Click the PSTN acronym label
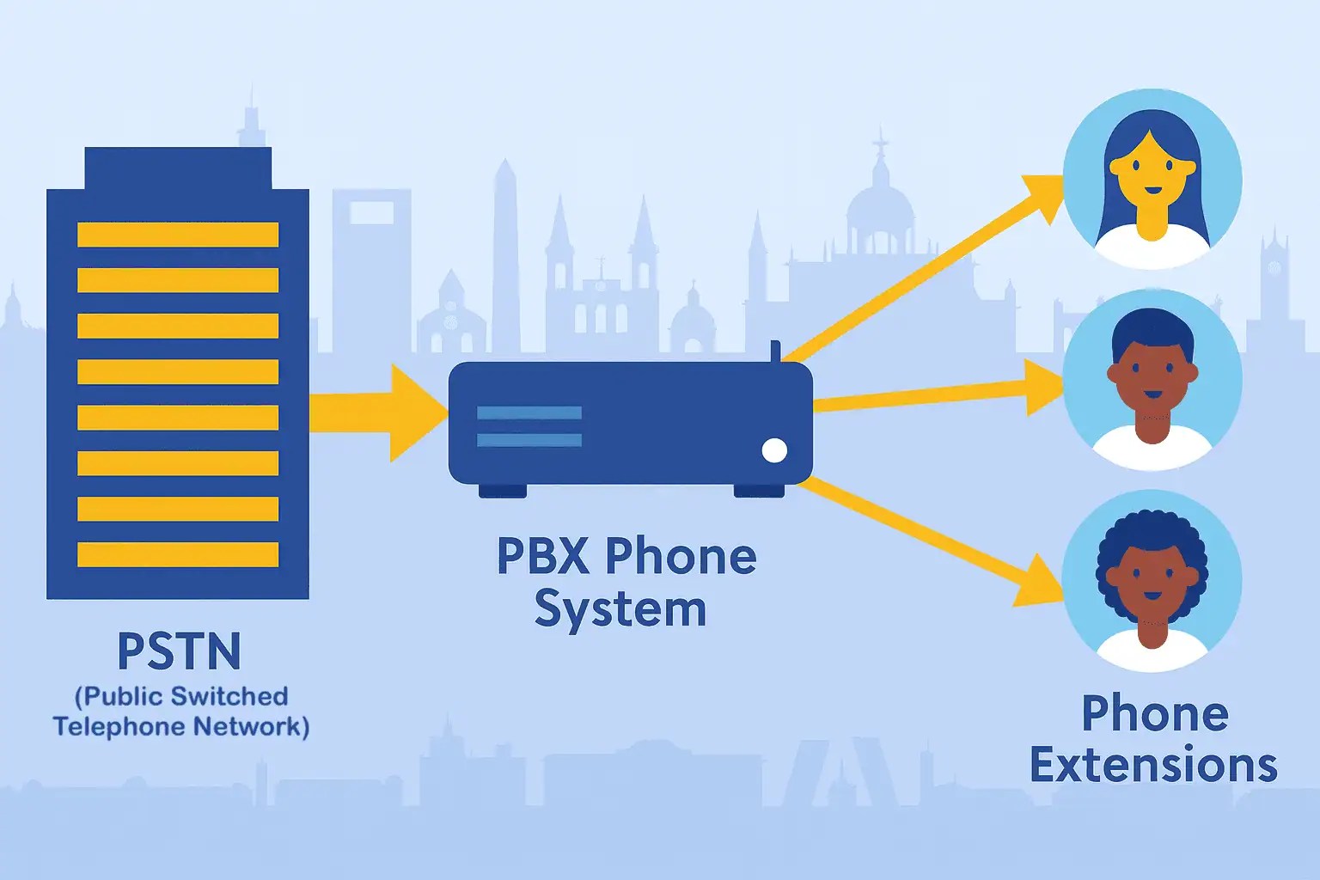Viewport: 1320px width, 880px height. click(179, 651)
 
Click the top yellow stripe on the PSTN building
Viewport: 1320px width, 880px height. click(178, 235)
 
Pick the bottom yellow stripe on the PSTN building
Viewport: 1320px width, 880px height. click(178, 554)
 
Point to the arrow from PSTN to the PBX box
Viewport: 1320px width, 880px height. click(378, 412)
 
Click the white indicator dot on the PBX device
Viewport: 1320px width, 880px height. click(774, 450)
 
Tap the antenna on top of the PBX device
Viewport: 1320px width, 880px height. click(775, 351)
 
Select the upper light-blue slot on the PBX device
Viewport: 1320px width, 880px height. click(529, 413)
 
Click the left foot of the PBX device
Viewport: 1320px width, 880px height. click(503, 491)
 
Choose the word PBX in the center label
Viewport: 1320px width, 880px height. click(543, 557)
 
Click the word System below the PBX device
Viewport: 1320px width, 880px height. click(620, 610)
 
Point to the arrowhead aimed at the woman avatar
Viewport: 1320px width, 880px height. click(1043, 195)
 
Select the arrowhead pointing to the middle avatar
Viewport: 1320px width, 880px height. click(1046, 388)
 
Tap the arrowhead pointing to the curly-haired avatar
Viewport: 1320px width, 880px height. click(1040, 583)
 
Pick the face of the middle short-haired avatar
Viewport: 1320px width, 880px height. click(1152, 378)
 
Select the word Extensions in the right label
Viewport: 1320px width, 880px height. click(1153, 765)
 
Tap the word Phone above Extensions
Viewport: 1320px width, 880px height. click(1154, 713)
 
